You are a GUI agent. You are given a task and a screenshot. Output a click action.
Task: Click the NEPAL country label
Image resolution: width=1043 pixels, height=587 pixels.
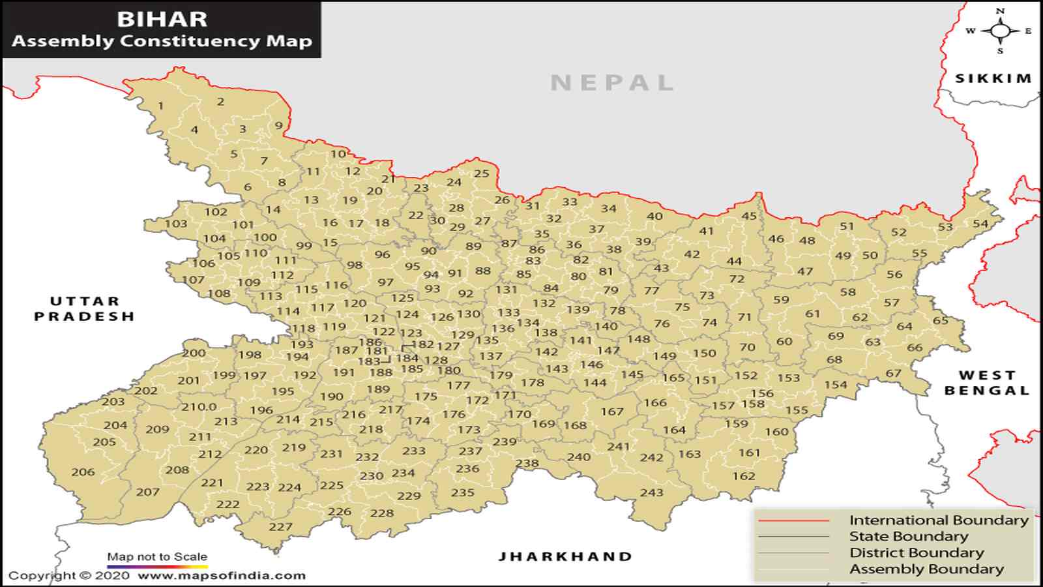[611, 83]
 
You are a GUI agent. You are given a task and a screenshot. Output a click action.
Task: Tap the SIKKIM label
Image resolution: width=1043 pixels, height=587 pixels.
[993, 78]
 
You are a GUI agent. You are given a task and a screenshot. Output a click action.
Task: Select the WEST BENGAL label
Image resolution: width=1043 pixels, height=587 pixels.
[987, 383]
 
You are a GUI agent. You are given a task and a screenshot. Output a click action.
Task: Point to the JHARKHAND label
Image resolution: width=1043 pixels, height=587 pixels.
[565, 556]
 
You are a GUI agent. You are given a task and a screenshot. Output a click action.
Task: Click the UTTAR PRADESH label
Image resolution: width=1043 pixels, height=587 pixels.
[84, 309]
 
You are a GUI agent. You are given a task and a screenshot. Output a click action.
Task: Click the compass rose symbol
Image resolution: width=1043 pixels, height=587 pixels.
[1000, 31]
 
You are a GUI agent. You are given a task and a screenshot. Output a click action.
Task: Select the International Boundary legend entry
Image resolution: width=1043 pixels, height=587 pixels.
[938, 520]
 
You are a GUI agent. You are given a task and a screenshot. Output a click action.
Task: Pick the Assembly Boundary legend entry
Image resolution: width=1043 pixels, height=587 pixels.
[926, 569]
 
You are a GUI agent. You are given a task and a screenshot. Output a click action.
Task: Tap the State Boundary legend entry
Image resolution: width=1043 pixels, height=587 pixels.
[908, 536]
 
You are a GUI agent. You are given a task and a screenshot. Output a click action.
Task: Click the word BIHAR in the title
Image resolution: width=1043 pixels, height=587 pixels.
[162, 19]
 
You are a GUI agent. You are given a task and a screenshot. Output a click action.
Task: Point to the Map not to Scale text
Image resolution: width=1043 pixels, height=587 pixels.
[157, 556]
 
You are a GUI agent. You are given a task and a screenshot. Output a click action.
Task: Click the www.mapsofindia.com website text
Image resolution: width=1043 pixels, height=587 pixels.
[221, 575]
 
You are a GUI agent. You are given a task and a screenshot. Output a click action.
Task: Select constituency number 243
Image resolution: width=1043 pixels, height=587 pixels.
[651, 492]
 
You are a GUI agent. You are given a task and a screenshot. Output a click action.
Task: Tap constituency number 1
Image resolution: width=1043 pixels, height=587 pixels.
[160, 106]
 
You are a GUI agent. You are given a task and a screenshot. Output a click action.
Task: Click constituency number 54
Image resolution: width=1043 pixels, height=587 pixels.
[980, 224]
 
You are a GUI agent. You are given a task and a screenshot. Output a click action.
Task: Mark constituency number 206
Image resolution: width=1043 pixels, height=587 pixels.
[83, 472]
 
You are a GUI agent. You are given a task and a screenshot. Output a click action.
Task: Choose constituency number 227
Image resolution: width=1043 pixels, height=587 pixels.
[280, 526]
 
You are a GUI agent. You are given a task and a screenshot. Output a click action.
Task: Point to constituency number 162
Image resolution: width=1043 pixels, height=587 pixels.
[743, 476]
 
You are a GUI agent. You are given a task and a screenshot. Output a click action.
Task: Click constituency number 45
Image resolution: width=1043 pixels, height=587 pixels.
[749, 216]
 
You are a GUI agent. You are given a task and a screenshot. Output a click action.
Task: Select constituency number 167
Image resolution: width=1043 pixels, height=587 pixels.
[612, 412]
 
